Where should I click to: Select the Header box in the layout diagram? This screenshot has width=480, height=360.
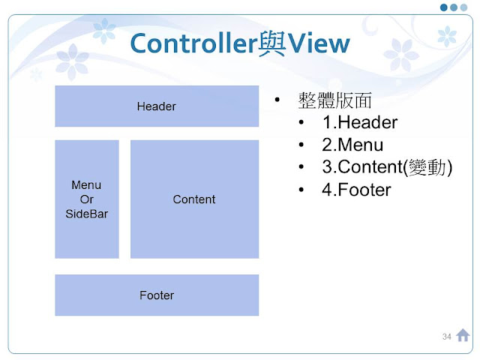(156, 106)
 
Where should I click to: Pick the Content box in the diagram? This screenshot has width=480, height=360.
(194, 199)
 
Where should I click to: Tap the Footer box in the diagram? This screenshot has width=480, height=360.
(156, 295)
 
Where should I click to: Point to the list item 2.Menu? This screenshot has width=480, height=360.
(352, 145)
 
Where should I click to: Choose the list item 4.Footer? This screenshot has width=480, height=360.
(356, 190)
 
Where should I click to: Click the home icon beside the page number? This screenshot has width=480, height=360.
(463, 335)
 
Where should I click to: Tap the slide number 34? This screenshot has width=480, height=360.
(447, 336)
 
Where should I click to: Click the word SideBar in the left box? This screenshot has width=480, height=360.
(86, 213)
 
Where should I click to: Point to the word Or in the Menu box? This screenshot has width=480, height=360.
(86, 199)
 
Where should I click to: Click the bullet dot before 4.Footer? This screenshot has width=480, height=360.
(301, 190)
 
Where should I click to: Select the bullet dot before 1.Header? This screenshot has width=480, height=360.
(301, 123)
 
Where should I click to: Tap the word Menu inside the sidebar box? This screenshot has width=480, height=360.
(86, 184)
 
